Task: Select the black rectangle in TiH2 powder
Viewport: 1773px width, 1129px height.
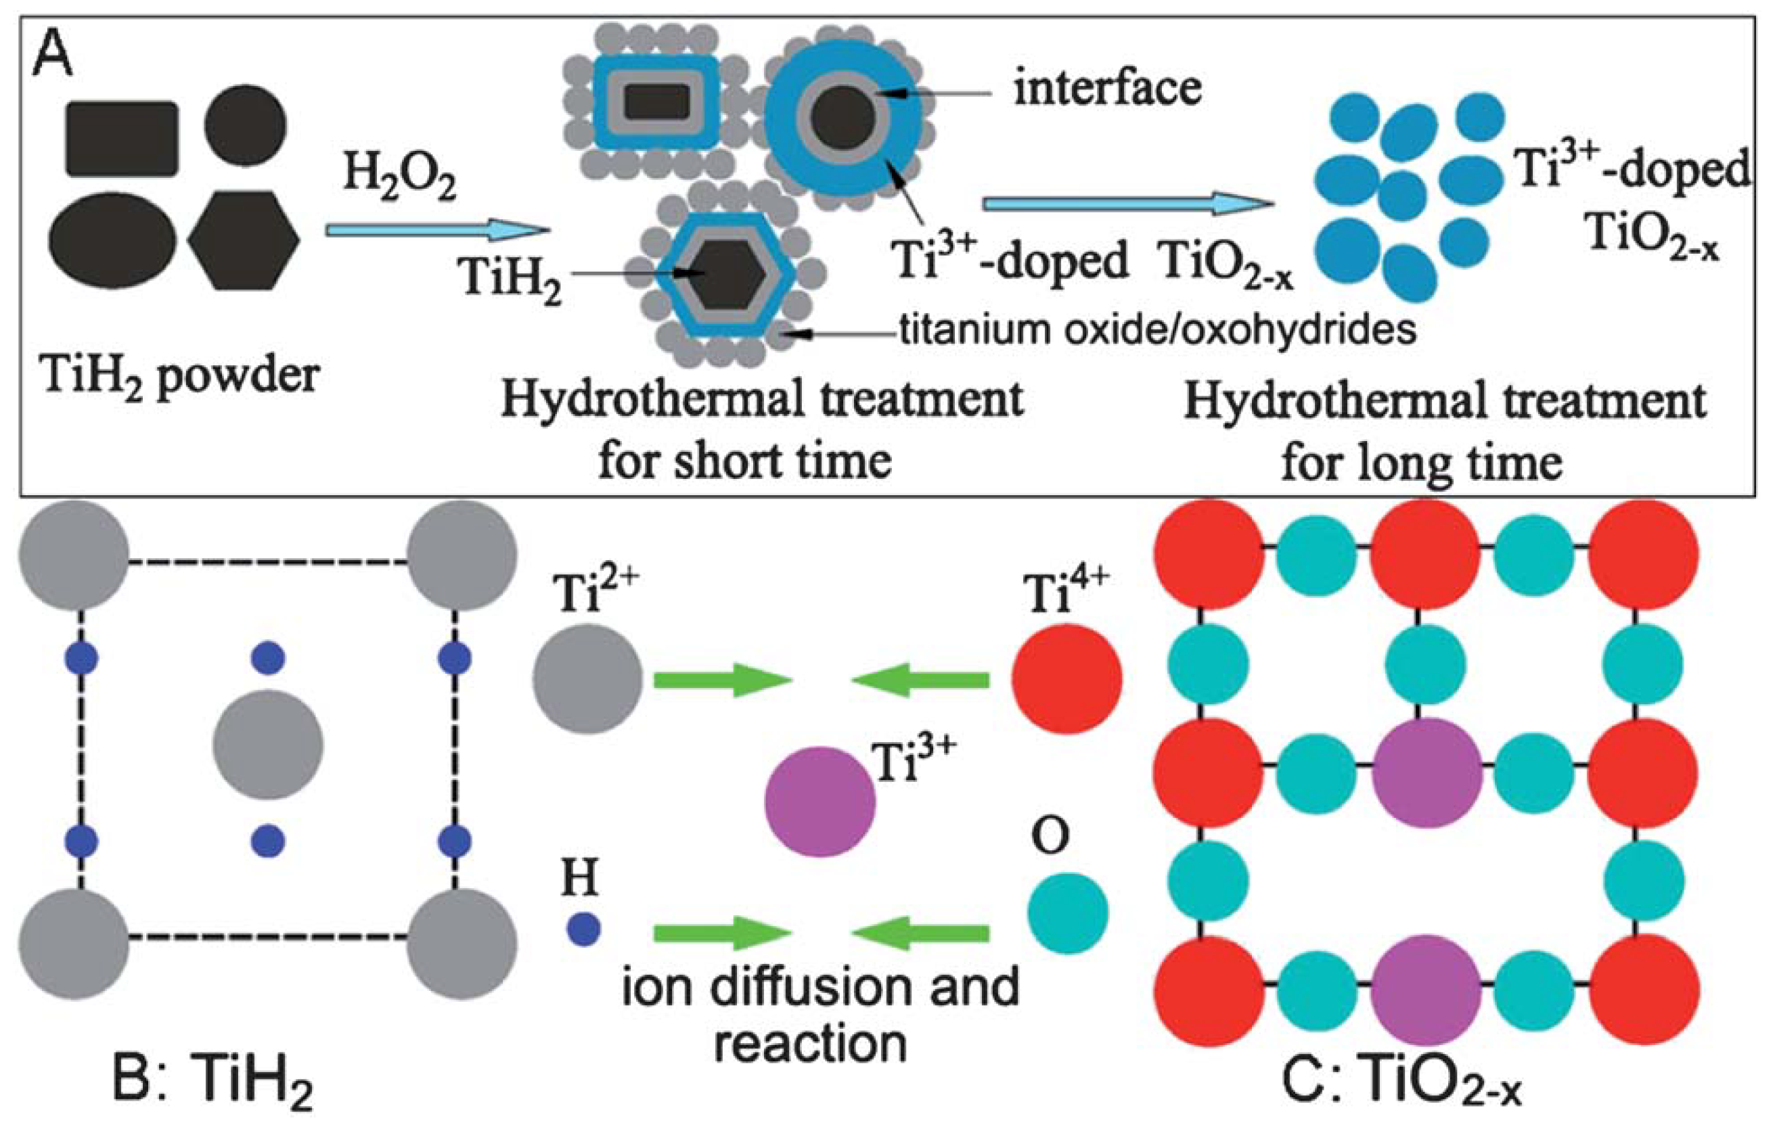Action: (x=122, y=139)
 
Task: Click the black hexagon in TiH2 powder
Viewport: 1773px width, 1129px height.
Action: (x=244, y=240)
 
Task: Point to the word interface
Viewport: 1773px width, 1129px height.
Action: (x=1107, y=89)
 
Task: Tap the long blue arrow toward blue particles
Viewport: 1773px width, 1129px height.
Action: (x=1127, y=204)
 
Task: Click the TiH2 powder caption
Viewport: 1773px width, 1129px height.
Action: (x=181, y=375)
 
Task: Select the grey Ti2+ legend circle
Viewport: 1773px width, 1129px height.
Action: (x=587, y=678)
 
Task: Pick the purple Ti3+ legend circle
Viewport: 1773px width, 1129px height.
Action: (x=821, y=802)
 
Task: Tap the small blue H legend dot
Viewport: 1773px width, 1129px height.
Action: (x=583, y=929)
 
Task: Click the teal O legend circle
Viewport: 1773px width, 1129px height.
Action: (x=1068, y=913)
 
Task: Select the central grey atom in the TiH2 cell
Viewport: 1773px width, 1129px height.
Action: (x=268, y=745)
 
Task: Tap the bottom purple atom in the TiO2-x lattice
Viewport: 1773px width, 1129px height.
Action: (x=1427, y=990)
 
